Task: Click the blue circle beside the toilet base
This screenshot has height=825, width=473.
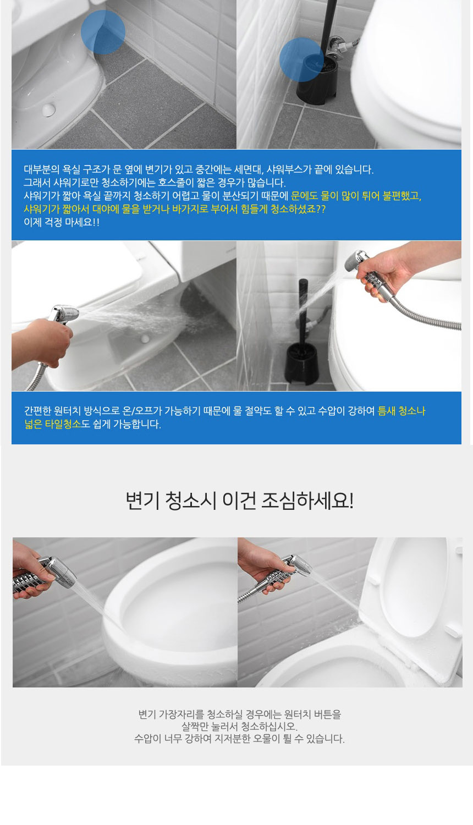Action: [103, 32]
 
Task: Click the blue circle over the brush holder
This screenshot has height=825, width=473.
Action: [301, 59]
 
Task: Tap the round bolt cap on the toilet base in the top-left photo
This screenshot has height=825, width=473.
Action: [48, 109]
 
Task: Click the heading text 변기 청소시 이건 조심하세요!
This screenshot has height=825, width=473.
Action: [239, 501]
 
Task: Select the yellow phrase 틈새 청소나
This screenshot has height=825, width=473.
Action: [402, 411]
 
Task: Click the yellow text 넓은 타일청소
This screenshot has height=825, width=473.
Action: [53, 424]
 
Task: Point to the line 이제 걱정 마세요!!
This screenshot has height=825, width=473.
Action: [62, 222]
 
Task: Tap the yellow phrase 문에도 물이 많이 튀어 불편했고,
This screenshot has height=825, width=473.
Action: [356, 196]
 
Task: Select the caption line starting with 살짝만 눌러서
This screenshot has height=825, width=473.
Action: [239, 727]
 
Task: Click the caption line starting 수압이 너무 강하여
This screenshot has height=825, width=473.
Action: [239, 739]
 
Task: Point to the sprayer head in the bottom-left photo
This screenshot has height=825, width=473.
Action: [58, 572]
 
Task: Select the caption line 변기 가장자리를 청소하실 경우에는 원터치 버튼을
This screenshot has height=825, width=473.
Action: [239, 714]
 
